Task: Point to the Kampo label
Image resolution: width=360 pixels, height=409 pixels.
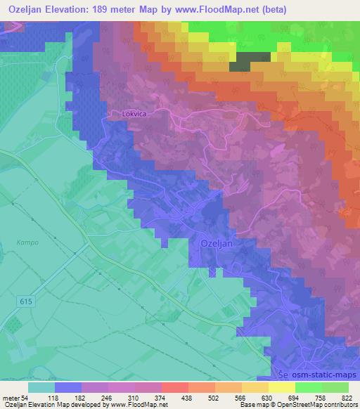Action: (x=27, y=242)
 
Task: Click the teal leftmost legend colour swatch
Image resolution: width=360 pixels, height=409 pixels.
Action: (x=41, y=387)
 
